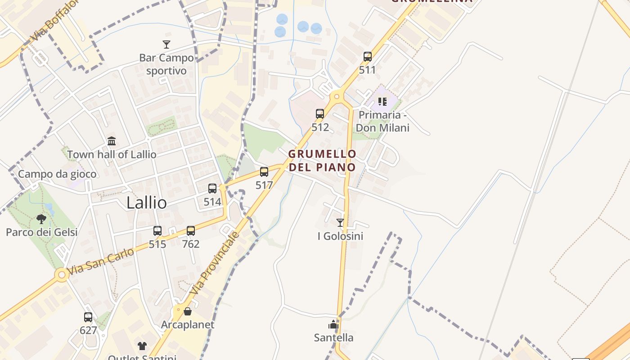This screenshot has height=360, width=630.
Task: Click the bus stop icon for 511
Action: pyautogui.click(x=368, y=57)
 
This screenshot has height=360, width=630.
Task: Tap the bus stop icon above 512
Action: pyautogui.click(x=320, y=114)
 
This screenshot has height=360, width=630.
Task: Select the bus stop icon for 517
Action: pyautogui.click(x=264, y=172)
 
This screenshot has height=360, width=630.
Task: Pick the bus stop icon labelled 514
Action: pyautogui.click(x=212, y=189)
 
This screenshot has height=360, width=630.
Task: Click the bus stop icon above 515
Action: pyautogui.click(x=157, y=231)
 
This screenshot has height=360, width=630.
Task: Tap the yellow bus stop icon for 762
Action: pyautogui.click(x=191, y=231)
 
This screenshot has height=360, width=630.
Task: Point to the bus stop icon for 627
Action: pyautogui.click(x=88, y=317)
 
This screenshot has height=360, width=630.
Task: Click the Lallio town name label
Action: pyautogui.click(x=147, y=203)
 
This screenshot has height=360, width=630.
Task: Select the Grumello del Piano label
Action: pyautogui.click(x=322, y=161)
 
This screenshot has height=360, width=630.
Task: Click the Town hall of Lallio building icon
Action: pyautogui.click(x=112, y=141)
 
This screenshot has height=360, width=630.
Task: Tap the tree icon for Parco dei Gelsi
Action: pyautogui.click(x=41, y=219)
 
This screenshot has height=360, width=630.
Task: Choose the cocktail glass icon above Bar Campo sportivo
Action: pyautogui.click(x=166, y=45)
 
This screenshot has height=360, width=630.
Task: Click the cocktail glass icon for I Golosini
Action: pyautogui.click(x=340, y=223)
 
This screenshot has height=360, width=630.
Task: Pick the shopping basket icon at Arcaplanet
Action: pyautogui.click(x=188, y=311)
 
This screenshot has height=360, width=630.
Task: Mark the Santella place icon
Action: pyautogui.click(x=333, y=324)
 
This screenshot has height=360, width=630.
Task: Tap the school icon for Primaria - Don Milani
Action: pyautogui.click(x=382, y=102)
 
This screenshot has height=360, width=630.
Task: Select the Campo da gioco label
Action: pyautogui.click(x=57, y=174)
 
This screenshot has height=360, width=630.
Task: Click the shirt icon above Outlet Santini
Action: pyautogui.click(x=142, y=346)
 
